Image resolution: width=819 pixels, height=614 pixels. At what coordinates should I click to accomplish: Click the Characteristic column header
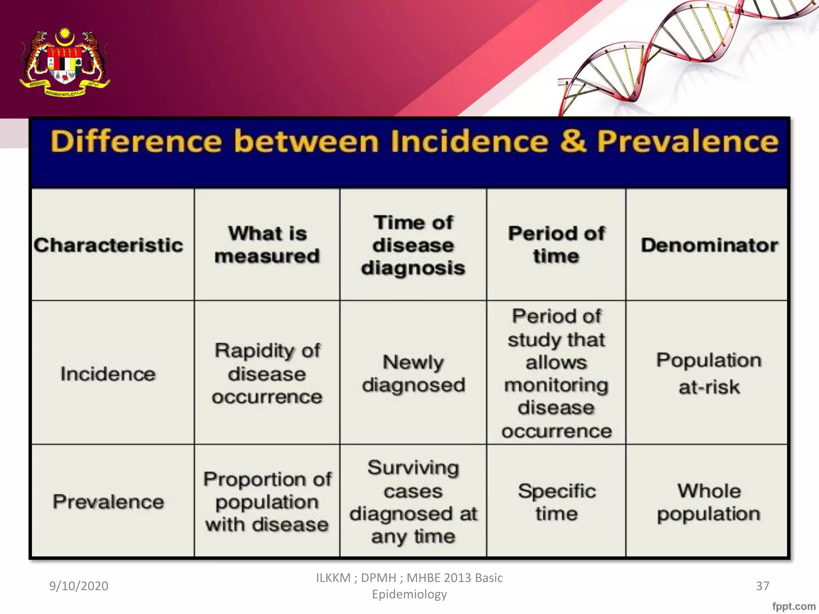coord(108,245)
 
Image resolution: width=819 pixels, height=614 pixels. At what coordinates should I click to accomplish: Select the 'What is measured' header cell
coord(267,245)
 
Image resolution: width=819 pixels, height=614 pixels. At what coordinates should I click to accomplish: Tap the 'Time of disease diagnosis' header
coord(413,245)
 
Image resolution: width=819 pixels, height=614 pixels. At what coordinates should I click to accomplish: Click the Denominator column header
coord(709,245)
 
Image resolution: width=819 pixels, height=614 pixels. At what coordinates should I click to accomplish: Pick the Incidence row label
coord(108,374)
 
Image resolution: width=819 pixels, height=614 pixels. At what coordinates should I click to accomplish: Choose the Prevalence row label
coord(108,502)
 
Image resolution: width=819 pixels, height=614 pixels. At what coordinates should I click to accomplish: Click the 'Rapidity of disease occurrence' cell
coord(267,374)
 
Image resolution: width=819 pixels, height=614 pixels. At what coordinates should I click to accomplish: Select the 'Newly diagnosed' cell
coord(413,374)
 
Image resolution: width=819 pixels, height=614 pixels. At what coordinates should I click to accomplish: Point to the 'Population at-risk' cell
coord(709,373)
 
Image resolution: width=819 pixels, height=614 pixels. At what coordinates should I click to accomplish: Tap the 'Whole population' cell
coord(709,502)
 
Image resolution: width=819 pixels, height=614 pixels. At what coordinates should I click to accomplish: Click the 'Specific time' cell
coord(557,502)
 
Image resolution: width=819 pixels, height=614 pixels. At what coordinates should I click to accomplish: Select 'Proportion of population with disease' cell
coord(267,502)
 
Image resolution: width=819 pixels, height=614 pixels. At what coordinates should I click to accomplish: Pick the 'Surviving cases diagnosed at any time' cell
coord(413,502)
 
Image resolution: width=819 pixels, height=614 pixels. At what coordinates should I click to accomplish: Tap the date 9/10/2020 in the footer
coord(79,586)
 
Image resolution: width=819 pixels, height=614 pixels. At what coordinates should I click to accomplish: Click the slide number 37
coord(762,586)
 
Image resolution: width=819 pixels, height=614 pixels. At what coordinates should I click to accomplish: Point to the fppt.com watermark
coord(794,606)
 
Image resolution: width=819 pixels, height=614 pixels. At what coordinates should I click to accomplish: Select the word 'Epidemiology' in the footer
coord(409,594)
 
